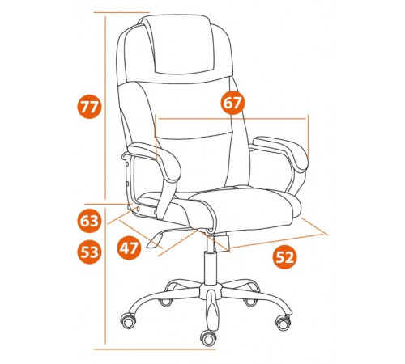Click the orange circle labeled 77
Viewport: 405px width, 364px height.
89,107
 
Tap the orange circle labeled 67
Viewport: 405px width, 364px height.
232,103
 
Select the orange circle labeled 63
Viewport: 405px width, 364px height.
90,221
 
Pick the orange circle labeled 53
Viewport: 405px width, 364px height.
90,252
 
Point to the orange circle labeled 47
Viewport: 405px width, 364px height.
129,248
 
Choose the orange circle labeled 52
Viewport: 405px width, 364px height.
284,257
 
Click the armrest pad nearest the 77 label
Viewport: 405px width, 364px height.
155,160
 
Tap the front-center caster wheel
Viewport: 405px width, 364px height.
209,337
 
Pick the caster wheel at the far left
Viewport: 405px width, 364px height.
128,320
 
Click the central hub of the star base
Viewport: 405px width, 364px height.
211,291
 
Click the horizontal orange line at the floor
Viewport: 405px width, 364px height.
155,349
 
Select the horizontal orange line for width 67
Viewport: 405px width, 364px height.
232,118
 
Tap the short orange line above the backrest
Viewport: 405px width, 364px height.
122,12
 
